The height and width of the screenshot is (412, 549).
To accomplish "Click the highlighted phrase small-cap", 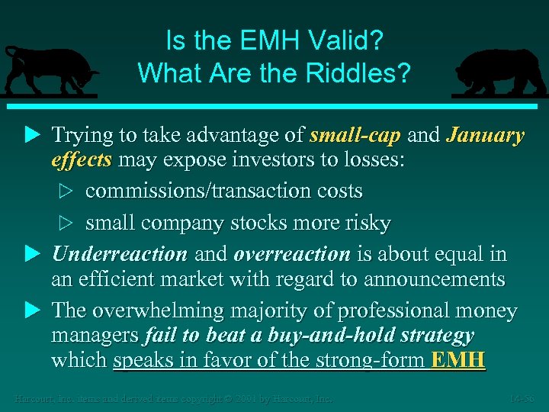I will coord(355,136).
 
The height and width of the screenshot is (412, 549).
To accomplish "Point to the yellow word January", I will coord(485,136).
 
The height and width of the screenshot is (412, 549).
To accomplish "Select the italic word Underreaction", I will coord(119,253).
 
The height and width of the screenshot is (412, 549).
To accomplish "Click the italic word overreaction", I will coord(292,253).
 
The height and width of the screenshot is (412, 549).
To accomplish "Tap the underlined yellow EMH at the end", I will coord(457,360).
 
